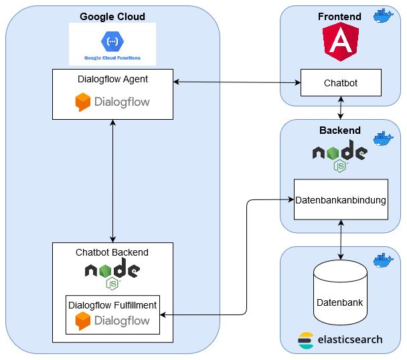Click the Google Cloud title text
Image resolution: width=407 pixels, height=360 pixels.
(112, 16)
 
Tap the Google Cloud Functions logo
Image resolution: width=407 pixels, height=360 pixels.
(112, 42)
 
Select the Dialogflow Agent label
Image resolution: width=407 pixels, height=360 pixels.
(112, 78)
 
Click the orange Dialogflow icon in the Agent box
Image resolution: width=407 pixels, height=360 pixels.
(83, 102)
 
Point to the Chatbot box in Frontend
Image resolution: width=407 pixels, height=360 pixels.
(341, 83)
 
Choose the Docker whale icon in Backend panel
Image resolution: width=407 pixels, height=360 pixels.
(384, 139)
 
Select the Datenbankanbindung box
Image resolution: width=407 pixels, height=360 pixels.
(341, 199)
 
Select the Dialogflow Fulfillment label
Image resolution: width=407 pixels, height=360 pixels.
(112, 304)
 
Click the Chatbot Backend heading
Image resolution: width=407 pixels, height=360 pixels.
(112, 252)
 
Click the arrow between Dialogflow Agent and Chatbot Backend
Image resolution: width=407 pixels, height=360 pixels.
(112, 181)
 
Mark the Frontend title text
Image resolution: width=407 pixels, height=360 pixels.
(339, 16)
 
